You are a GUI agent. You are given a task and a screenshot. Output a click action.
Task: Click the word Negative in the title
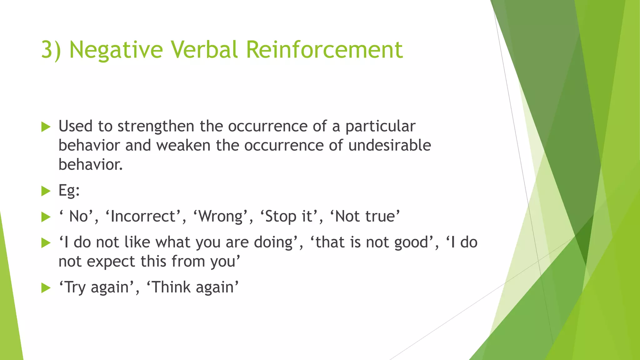pos(116,50)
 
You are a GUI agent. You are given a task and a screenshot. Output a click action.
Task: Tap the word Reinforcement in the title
pos(324,50)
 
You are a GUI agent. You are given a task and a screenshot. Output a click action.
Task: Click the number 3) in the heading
pos(51,50)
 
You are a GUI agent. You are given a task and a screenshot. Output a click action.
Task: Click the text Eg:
pos(69,190)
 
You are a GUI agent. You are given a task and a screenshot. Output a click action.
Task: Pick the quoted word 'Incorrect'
pos(143,217)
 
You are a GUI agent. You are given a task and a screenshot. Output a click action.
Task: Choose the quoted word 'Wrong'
pos(221,217)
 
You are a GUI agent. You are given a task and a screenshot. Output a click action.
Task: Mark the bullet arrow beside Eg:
pos(46,191)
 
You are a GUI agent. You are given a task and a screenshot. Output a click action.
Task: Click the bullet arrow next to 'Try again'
pos(46,288)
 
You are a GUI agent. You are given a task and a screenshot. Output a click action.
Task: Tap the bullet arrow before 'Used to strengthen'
pos(46,127)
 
